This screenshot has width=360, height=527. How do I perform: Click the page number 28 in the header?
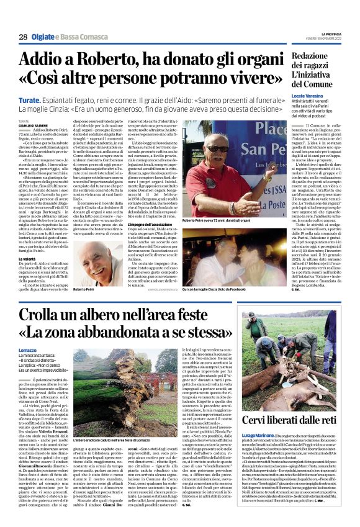22,38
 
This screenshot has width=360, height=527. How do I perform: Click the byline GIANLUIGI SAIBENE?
32,125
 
